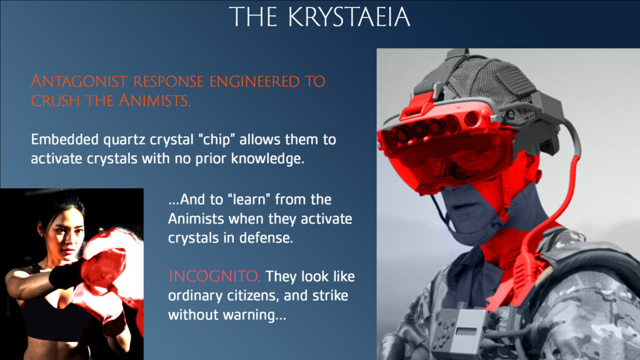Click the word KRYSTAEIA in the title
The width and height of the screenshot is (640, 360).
pos(349,17)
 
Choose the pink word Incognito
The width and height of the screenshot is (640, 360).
pos(214,276)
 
